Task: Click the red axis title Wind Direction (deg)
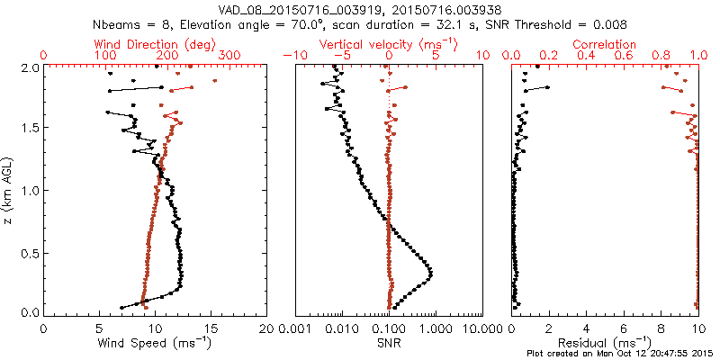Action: click(156, 44)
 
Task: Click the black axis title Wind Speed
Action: click(156, 343)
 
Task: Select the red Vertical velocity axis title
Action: click(389, 44)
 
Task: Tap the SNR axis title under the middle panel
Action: click(389, 343)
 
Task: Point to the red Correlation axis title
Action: click(605, 44)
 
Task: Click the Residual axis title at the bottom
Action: click(605, 343)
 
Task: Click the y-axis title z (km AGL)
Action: click(8, 190)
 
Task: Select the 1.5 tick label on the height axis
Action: click(30, 128)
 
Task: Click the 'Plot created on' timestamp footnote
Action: click(621, 354)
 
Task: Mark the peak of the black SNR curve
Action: click(431, 273)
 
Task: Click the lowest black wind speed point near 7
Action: click(121, 308)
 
